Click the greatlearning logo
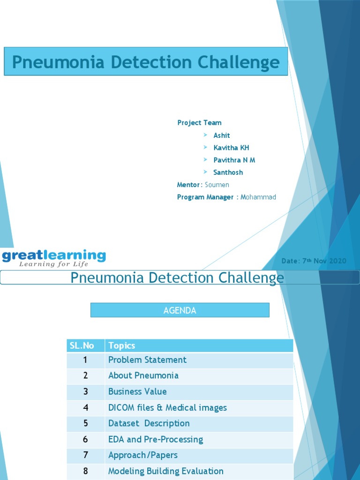[54, 258]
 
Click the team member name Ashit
[222, 135]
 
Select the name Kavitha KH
[231, 148]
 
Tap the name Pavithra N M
[234, 160]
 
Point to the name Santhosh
[228, 172]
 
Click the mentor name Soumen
[217, 185]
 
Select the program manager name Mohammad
[258, 197]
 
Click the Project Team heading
[199, 123]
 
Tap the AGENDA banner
[180, 310]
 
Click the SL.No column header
[82, 346]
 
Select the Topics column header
[121, 346]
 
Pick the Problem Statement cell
[147, 360]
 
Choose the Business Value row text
[137, 391]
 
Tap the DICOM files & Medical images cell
[167, 408]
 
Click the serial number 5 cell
[85, 424]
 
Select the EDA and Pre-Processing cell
[155, 440]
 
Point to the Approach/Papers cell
[142, 455]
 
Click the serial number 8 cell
[85, 471]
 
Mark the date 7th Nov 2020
[314, 261]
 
